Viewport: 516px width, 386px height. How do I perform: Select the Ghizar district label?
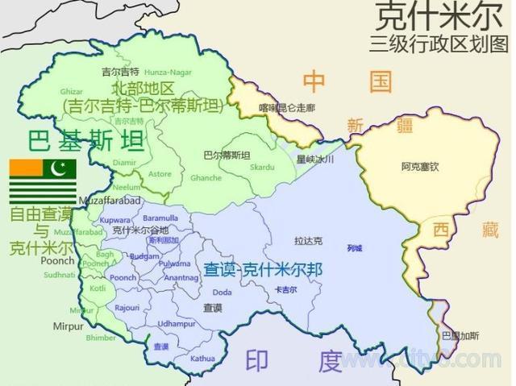pyautogui.click(x=72, y=92)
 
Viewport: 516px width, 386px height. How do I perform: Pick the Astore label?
pyautogui.click(x=160, y=173)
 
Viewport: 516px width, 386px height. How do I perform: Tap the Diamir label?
pyautogui.click(x=125, y=161)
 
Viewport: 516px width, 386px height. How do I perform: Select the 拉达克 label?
pyautogui.click(x=308, y=240)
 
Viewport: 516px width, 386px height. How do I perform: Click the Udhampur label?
pyautogui.click(x=177, y=323)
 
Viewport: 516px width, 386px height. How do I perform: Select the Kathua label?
pyautogui.click(x=203, y=358)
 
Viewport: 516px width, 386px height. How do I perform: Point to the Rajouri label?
pyautogui.click(x=127, y=307)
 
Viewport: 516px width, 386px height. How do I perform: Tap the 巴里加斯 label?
pyautogui.click(x=460, y=335)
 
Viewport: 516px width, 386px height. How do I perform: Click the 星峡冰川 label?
pyautogui.click(x=314, y=160)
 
